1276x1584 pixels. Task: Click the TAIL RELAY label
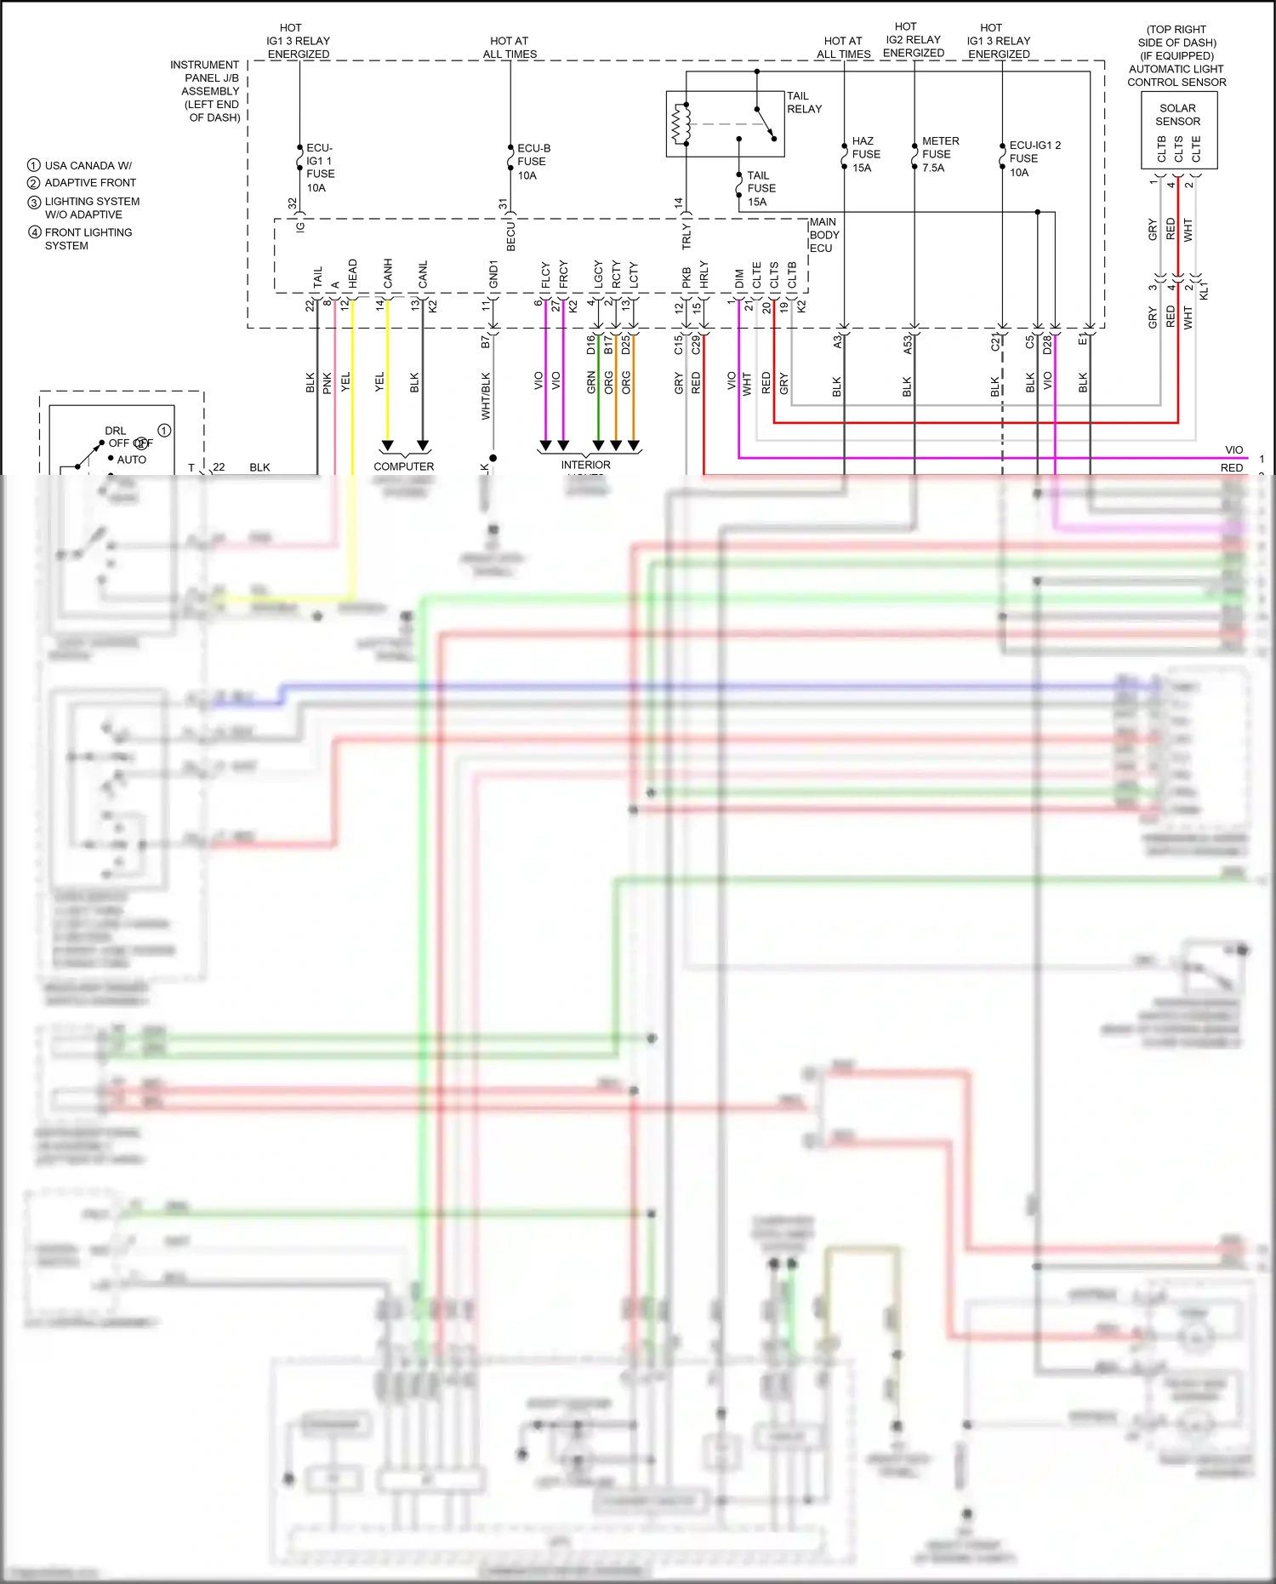(803, 102)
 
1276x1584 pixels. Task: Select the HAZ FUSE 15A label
(865, 154)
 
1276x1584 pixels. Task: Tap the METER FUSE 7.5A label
(939, 154)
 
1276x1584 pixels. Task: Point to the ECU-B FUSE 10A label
(533, 161)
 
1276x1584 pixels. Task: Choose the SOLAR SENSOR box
(1178, 129)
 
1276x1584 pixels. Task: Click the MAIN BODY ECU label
(823, 235)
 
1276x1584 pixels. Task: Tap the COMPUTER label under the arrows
(403, 466)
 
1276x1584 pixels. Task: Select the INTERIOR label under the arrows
(585, 465)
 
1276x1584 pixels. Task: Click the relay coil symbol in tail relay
(681, 124)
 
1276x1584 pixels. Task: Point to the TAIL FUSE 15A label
(760, 188)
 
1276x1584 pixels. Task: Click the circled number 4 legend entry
(35, 232)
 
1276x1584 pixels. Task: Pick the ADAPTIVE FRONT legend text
(90, 182)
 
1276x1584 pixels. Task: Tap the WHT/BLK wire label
(486, 396)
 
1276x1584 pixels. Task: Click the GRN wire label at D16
(591, 381)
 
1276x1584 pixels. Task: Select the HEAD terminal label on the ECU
(352, 272)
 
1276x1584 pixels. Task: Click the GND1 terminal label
(493, 274)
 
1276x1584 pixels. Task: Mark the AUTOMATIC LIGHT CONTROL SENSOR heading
(1176, 76)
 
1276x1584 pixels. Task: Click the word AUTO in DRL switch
(131, 460)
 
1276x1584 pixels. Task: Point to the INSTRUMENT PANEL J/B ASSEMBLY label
(205, 90)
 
